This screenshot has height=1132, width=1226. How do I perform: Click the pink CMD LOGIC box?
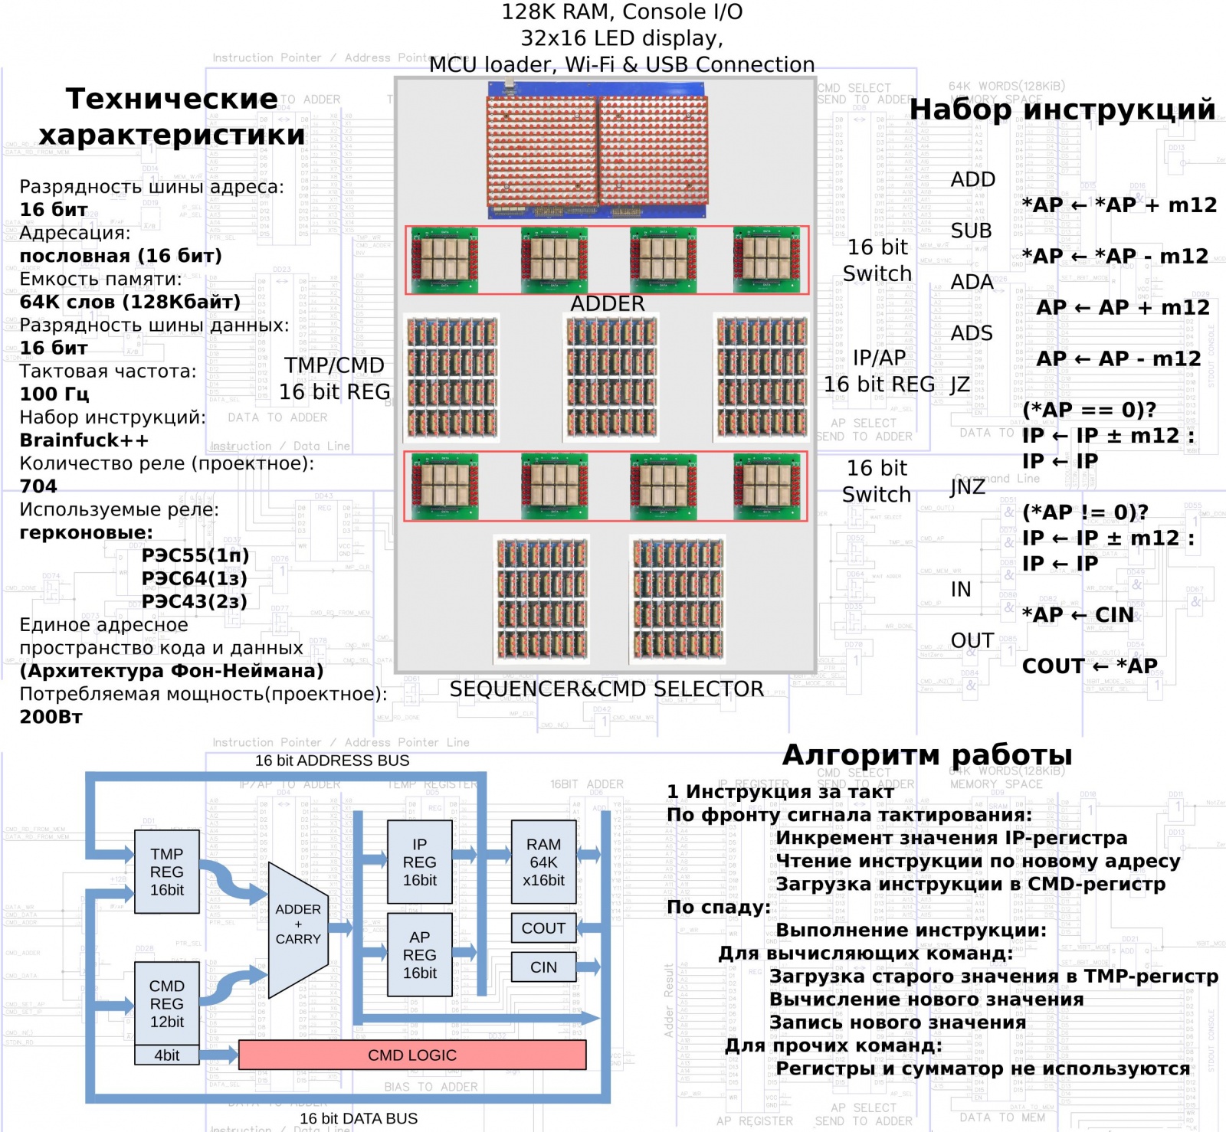[412, 1055]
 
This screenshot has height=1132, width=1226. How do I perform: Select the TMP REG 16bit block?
[167, 872]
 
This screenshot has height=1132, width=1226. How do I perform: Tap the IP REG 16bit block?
[419, 862]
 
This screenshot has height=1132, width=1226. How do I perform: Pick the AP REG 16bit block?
[419, 954]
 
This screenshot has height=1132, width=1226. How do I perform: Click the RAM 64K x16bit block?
[543, 862]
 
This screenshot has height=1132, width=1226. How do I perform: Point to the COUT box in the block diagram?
[543, 928]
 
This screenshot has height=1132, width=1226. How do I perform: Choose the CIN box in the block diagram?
[543, 967]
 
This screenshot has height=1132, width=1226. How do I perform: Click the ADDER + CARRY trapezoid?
[298, 924]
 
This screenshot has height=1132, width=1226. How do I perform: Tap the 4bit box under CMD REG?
[167, 1055]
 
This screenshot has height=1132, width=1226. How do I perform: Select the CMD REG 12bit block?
[167, 1003]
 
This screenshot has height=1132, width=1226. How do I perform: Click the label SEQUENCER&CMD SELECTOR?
[606, 689]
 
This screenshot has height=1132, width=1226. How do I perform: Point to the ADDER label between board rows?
[608, 304]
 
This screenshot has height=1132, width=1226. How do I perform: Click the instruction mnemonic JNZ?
[967, 487]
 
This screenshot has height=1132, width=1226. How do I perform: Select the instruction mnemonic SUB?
[971, 231]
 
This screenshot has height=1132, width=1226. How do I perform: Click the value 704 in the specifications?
[38, 486]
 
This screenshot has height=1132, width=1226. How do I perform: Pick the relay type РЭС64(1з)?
[195, 578]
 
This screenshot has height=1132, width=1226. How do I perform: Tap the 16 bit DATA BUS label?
[359, 1118]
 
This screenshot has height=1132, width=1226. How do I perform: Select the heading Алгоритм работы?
[927, 755]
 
